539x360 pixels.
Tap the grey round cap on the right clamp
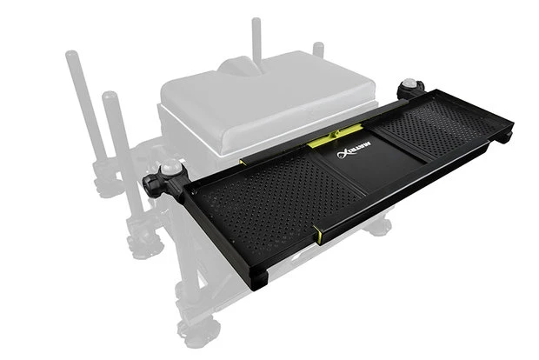pos(408,83)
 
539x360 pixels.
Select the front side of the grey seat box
pos(200,139)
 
